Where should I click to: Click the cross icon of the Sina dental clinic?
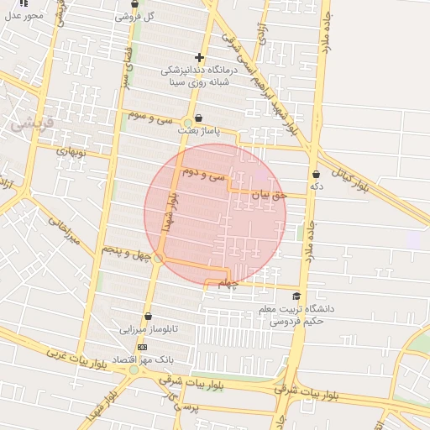[199, 57]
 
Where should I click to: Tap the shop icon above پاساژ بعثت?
[198, 118]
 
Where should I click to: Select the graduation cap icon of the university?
[296, 296]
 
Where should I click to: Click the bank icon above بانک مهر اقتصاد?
[142, 347]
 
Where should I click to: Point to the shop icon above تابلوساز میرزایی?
[149, 317]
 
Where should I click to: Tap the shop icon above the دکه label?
[316, 174]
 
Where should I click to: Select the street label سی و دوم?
[204, 175]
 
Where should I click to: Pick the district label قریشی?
[32, 123]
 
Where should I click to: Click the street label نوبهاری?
[71, 153]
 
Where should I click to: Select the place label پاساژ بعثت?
[198, 131]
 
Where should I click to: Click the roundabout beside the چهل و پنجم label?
[158, 258]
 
